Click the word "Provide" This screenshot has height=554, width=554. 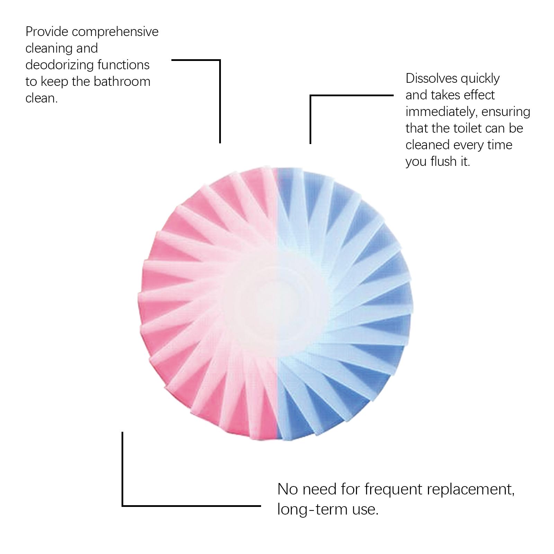(x=47, y=32)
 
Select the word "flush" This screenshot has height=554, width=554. (x=445, y=161)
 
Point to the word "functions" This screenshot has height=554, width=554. (x=124, y=65)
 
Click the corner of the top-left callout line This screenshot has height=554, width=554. (x=220, y=60)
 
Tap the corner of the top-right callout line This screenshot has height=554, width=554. (x=311, y=95)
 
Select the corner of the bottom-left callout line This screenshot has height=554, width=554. (x=123, y=506)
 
